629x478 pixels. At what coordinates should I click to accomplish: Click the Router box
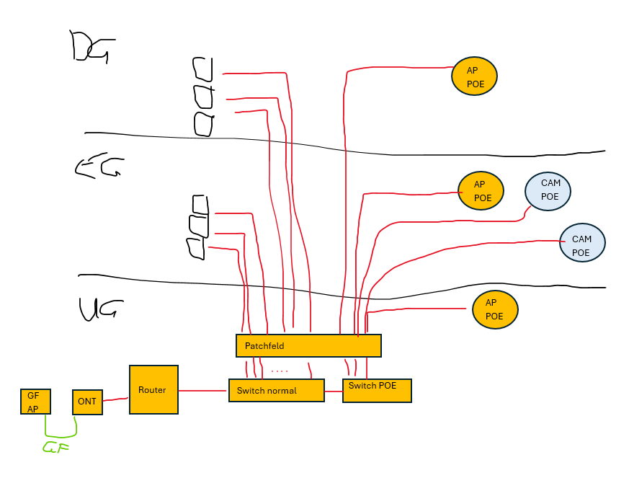coord(153,389)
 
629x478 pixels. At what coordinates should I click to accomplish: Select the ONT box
coord(87,402)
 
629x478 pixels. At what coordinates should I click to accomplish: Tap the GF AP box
coord(35,401)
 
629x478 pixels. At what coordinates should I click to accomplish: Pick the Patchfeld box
coord(308,345)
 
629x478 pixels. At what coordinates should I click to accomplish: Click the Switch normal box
coord(276,390)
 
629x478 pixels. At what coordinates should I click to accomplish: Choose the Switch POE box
coord(376,390)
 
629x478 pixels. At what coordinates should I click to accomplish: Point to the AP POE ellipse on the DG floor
coord(473,76)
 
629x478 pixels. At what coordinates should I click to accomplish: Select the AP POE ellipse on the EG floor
coord(481,190)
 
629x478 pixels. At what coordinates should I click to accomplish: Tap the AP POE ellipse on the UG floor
coord(495,309)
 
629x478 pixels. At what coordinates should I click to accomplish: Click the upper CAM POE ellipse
coord(548,190)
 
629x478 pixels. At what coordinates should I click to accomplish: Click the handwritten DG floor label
coord(90,46)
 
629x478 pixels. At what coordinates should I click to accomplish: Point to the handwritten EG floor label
coord(99,168)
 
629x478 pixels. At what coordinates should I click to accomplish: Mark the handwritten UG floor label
coord(98,309)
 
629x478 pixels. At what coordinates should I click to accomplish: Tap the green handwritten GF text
coord(55,448)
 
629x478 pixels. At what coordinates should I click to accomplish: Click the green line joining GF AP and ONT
coord(61,435)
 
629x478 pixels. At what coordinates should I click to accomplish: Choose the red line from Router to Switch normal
coord(202,391)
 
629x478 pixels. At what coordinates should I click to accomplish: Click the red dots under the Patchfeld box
coord(280,371)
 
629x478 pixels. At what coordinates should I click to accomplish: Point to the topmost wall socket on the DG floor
coord(202,70)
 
